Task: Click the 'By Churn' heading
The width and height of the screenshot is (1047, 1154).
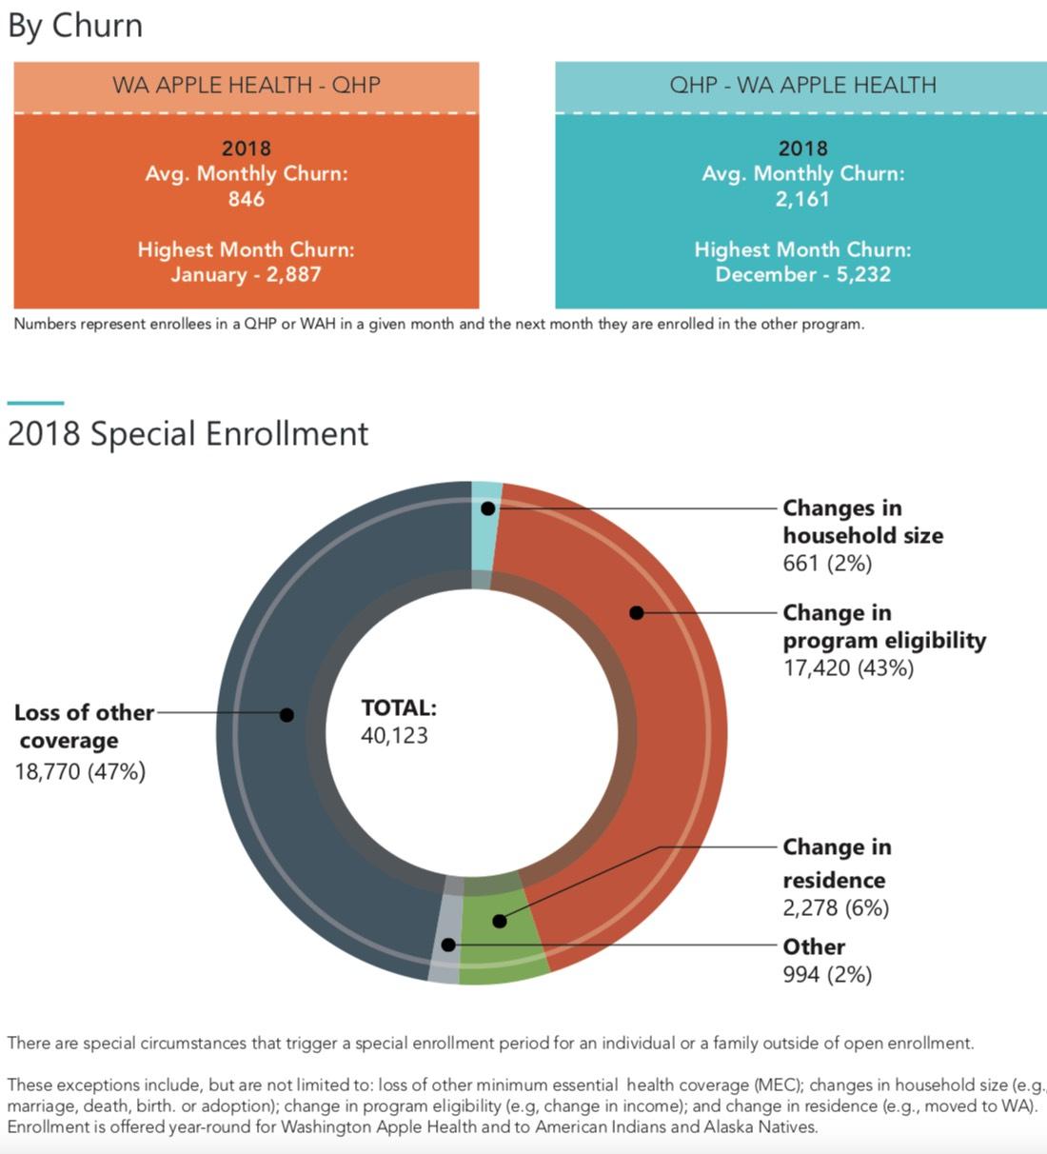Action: tap(75, 26)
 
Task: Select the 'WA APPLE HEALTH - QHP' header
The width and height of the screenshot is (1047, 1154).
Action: tap(247, 85)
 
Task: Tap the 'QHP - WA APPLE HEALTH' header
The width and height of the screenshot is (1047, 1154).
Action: tap(802, 85)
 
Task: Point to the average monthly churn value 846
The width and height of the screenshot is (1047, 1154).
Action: tap(247, 199)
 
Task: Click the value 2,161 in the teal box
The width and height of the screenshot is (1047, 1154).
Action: tap(802, 199)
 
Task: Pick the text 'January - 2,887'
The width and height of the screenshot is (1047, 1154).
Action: tap(247, 274)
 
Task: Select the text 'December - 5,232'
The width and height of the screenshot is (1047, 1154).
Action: tap(802, 274)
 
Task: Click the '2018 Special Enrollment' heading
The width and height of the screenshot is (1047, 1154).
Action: tap(188, 434)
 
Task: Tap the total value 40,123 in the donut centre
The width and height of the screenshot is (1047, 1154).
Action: tap(394, 735)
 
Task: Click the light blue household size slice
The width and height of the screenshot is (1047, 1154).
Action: tap(485, 533)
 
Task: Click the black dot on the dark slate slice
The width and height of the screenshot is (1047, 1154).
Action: tap(286, 714)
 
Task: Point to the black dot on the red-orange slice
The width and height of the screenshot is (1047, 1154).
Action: tap(637, 612)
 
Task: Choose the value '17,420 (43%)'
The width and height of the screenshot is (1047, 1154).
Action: tap(848, 667)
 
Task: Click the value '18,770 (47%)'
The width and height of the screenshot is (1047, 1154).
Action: tap(80, 771)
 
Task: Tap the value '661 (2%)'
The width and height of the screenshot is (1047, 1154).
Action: tap(827, 563)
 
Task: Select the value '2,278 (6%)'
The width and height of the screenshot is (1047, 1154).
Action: tap(836, 907)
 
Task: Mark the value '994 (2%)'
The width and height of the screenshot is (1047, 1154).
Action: tap(827, 974)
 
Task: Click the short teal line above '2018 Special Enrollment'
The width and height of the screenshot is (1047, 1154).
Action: tap(35, 404)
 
